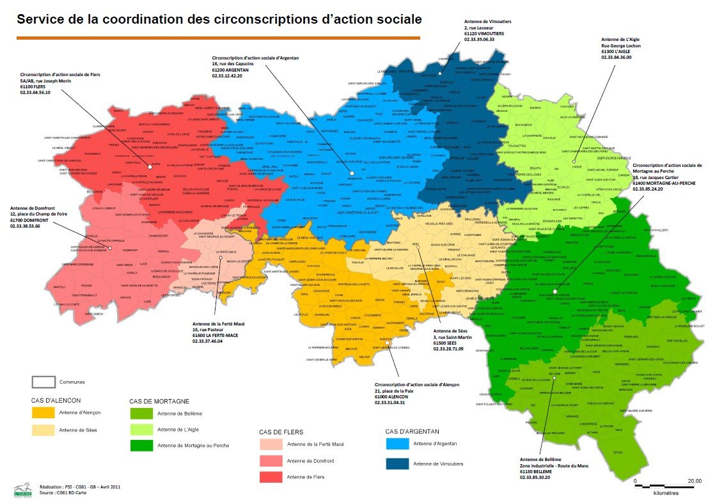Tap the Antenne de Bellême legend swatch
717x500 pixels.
[x=141, y=413]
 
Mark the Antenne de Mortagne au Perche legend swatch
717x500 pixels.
[x=141, y=445]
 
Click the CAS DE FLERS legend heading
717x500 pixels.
[x=284, y=432]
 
